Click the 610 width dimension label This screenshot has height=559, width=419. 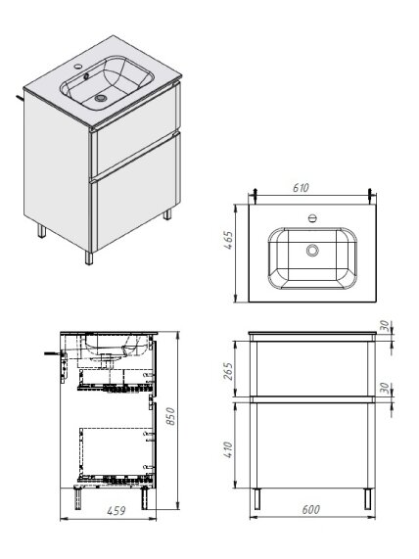point(301,188)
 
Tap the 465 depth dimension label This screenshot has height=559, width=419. point(228,240)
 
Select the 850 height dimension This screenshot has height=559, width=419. point(170,416)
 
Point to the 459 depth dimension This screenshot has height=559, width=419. point(116,511)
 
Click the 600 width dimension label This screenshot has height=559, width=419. point(311,509)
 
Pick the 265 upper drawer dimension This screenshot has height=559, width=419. point(228,371)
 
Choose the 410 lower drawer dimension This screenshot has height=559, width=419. point(228,450)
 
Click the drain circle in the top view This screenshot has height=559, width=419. point(312,251)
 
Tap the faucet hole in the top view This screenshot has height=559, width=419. point(312,218)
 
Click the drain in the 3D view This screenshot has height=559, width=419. point(101,97)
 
